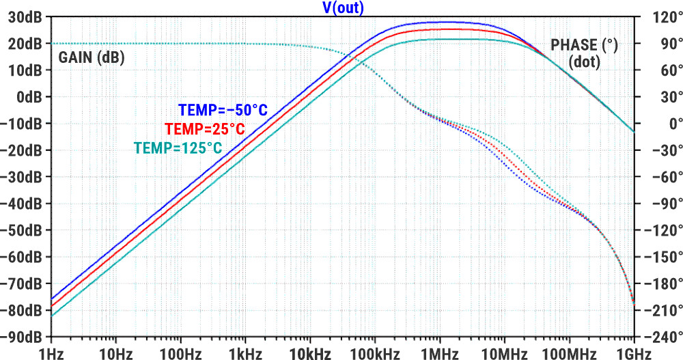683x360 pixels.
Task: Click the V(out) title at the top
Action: coord(342,8)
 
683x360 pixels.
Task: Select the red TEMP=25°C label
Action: coord(204,128)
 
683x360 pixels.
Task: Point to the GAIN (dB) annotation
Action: coord(92,57)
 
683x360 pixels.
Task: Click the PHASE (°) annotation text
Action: coord(584,46)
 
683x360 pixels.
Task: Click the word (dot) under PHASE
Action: coord(584,62)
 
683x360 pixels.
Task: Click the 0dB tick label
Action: coord(29,97)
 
